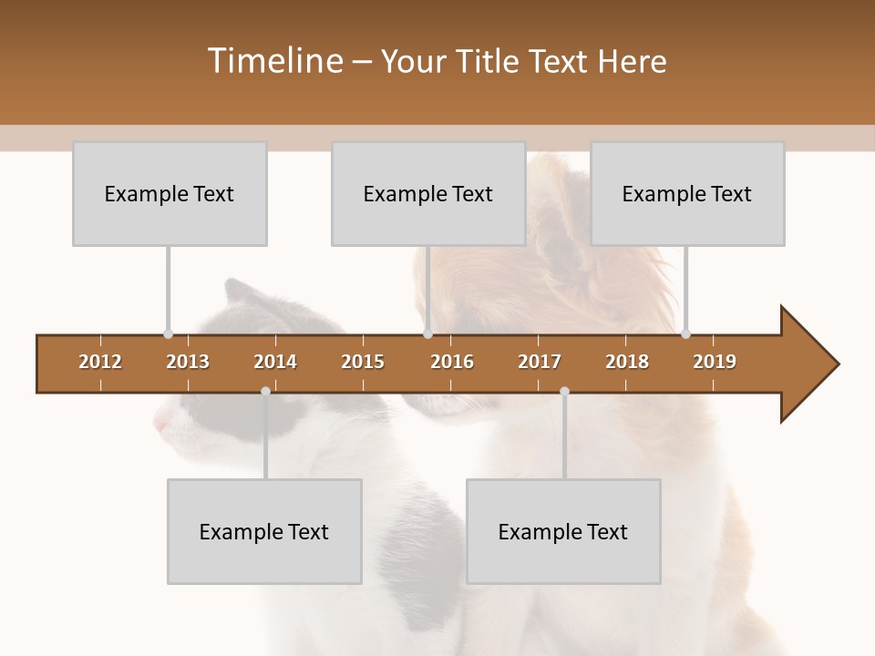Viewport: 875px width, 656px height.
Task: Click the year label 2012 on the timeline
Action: point(100,362)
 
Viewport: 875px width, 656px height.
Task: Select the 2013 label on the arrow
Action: point(188,362)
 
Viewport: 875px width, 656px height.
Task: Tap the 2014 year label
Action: point(275,362)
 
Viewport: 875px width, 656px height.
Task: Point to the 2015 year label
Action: point(363,362)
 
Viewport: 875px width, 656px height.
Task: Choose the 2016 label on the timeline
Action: point(452,362)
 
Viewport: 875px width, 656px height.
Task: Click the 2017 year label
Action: point(540,362)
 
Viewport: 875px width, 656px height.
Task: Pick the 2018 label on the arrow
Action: point(627,362)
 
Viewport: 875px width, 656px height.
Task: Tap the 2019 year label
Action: point(715,362)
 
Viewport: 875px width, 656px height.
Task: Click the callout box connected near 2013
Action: point(170,193)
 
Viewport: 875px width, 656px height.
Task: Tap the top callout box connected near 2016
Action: point(428,193)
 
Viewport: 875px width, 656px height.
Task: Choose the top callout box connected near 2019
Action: point(687,193)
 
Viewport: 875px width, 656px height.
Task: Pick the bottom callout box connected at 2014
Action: point(264,531)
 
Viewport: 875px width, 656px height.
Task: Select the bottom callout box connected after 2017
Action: point(563,531)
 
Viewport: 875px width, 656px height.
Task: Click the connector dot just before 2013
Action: point(168,333)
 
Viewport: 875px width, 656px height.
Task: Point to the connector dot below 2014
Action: point(265,391)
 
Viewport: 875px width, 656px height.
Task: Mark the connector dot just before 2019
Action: point(685,333)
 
